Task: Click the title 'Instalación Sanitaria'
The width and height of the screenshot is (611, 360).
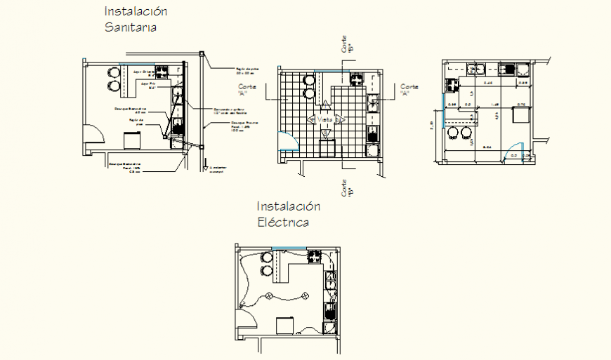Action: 136,20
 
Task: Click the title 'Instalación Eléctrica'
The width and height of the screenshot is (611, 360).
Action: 288,214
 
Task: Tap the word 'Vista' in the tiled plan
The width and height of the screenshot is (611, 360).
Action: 324,120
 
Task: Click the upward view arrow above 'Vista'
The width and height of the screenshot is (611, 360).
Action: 324,108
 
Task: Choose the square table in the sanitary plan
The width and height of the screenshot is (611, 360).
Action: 132,140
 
